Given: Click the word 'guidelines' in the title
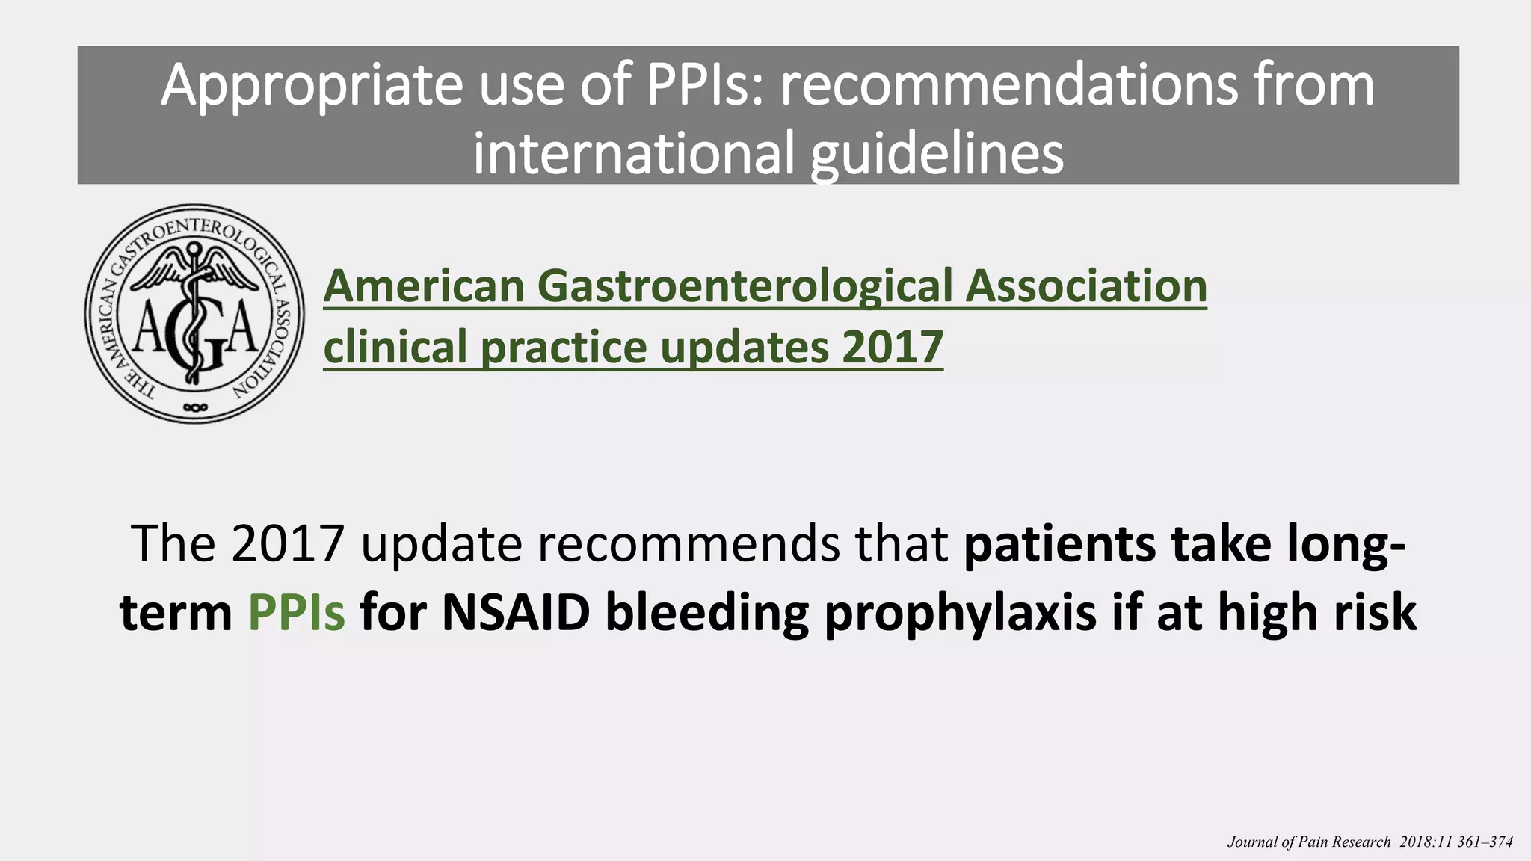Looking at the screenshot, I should click(937, 153).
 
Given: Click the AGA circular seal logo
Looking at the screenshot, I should click(195, 313).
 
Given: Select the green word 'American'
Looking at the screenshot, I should click(424, 286).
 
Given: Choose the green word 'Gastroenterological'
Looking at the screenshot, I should click(745, 286).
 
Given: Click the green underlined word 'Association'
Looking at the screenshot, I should click(1085, 286).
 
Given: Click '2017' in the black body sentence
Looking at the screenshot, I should click(288, 543).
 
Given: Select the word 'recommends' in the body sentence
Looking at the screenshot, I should click(689, 543).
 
